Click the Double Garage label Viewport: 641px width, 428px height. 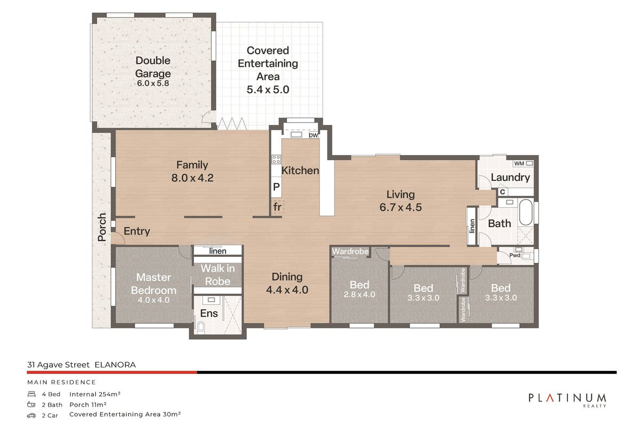153,67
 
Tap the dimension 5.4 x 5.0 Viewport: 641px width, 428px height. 268,90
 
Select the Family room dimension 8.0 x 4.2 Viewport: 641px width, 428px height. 192,178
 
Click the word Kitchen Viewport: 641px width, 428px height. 300,171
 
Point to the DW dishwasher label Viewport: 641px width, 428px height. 314,136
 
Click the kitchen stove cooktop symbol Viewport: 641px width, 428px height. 276,159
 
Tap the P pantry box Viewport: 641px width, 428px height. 276,187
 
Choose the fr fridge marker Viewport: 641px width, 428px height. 277,207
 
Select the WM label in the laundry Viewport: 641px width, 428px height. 519,163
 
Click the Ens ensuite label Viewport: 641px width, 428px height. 209,313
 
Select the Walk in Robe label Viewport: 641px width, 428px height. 216,275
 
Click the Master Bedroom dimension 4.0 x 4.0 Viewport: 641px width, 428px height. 153,300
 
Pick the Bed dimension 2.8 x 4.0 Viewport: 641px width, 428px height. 359,295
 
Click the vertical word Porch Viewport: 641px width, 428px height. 103,227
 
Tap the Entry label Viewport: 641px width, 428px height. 137,232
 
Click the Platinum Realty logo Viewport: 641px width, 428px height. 567,399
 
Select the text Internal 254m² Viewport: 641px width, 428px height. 95,394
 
